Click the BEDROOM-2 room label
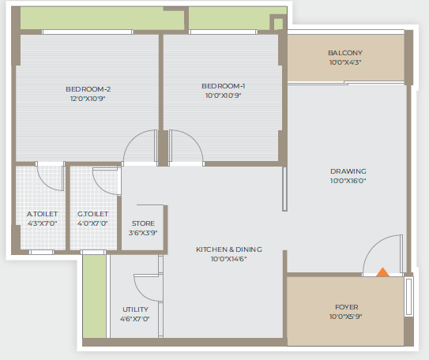88,89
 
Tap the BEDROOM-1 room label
224,86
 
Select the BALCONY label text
345,53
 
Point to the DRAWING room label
348,171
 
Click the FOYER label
346,307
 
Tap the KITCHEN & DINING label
229,249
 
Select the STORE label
143,223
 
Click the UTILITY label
135,309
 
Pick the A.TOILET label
42,214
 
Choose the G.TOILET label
92,214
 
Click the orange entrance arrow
382,272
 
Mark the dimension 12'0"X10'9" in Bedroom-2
88,99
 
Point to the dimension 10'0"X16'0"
348,181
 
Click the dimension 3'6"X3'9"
143,233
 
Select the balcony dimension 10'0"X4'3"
345,62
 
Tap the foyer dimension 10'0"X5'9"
345,317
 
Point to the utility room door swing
140,292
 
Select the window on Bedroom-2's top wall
88,32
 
